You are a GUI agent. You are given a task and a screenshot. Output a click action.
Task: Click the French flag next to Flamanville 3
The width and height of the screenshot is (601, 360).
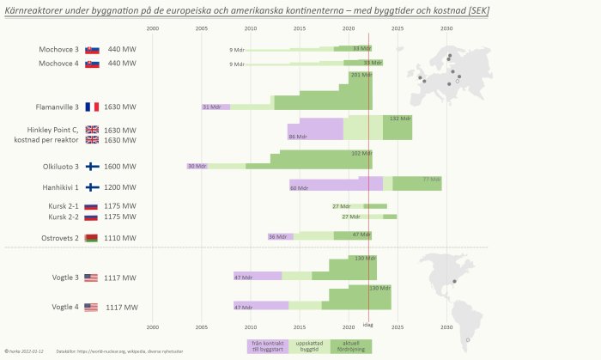(92, 107)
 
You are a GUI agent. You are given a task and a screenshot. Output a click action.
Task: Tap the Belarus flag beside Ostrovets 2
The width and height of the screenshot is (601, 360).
(91, 237)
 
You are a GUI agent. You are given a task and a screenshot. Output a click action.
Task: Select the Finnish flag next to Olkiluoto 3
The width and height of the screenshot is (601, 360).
(92, 167)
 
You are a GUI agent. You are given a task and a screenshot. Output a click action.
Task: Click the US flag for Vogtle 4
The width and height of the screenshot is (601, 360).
(91, 307)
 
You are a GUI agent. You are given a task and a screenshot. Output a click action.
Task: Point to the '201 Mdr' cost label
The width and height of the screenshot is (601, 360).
(361, 76)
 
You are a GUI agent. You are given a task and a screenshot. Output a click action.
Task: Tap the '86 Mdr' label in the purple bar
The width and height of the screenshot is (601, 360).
(298, 137)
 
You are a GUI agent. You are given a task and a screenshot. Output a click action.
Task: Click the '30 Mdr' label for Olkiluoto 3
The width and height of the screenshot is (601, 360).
(197, 166)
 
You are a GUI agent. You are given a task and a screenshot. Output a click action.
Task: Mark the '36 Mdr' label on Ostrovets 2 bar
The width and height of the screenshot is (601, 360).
(277, 236)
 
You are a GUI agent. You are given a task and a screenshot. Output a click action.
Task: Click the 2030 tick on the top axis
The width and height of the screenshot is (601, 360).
(446, 28)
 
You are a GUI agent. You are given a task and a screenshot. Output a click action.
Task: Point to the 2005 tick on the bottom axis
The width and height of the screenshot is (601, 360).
(202, 326)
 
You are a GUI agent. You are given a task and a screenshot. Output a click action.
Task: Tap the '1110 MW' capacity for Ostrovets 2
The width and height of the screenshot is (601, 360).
(120, 237)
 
